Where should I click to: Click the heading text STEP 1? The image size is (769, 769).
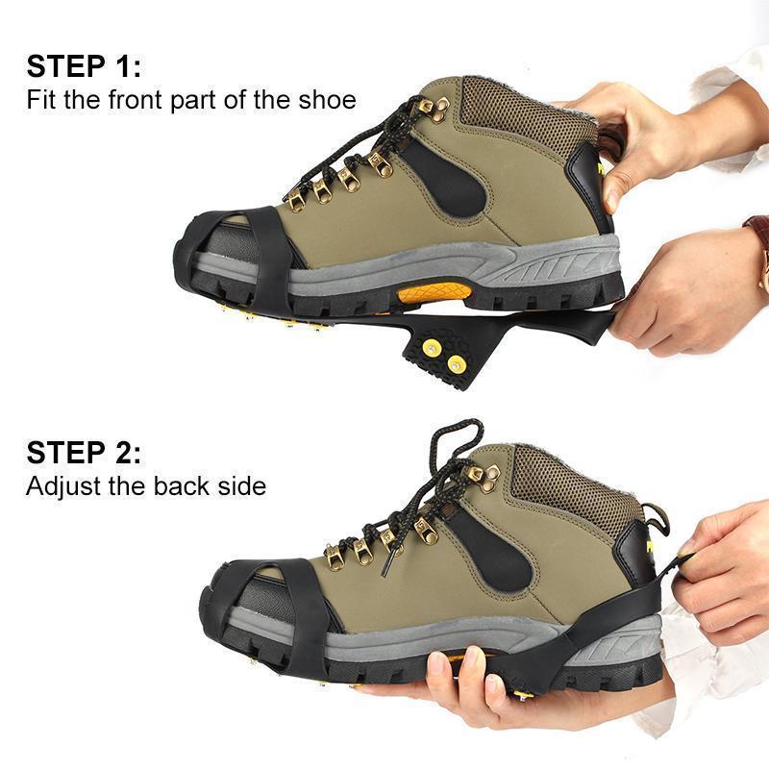(x=84, y=66)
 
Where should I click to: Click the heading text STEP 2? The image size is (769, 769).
(x=84, y=453)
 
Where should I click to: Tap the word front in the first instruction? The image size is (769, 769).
(x=137, y=100)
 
